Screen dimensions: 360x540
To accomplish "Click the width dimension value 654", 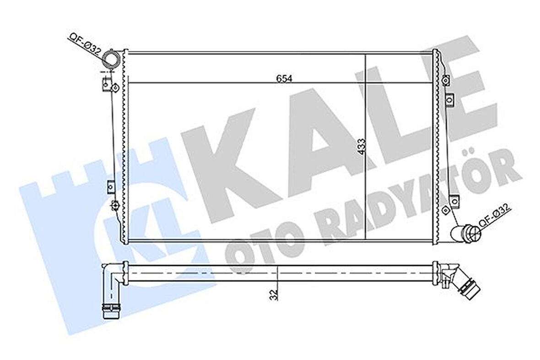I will click(284, 78).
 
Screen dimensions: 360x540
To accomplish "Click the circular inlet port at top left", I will click(111, 60).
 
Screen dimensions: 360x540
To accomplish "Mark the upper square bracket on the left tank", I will click(106, 85).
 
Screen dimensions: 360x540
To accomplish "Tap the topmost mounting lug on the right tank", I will click(446, 80).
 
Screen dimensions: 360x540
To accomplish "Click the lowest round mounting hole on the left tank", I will click(114, 204).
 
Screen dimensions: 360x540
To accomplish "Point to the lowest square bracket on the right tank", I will click(453, 199).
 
